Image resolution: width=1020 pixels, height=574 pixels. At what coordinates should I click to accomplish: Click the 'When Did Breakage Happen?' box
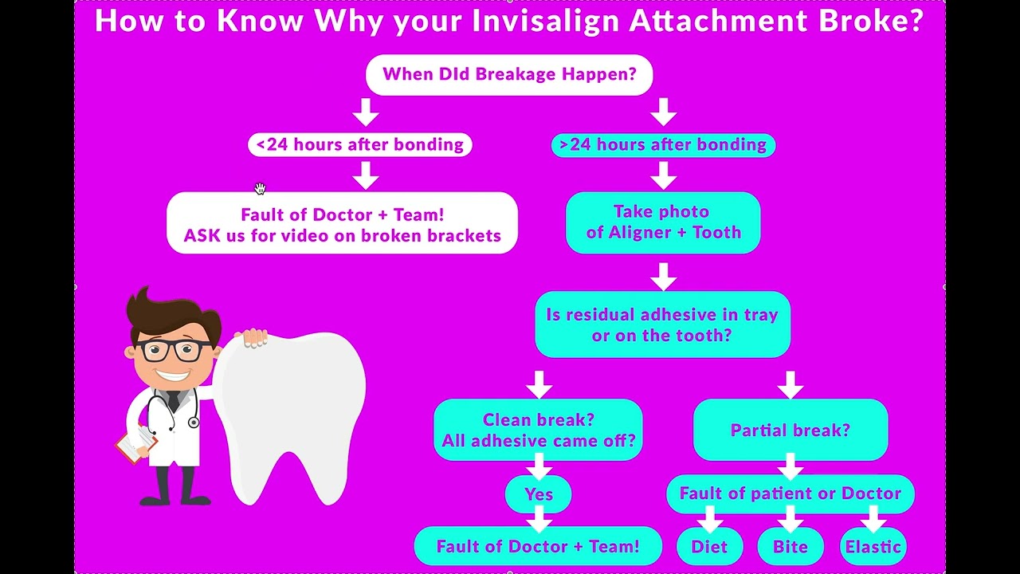[509, 75]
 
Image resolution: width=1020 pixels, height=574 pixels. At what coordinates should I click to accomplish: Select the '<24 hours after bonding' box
[360, 144]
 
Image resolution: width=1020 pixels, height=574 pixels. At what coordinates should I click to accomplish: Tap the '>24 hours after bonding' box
[663, 145]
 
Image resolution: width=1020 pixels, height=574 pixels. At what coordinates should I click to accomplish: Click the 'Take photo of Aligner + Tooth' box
[663, 222]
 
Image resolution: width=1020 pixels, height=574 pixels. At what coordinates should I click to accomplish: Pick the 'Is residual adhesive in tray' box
[662, 324]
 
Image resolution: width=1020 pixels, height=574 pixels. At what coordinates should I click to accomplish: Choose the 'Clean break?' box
[538, 430]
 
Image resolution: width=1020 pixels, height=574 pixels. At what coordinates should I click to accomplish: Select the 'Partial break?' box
[790, 431]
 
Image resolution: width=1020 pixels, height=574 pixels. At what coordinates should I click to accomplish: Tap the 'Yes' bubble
[539, 494]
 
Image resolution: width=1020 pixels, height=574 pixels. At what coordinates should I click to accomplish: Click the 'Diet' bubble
[709, 547]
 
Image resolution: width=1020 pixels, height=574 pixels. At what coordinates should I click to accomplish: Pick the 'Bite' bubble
[790, 547]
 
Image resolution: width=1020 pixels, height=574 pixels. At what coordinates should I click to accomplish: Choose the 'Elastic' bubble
[873, 547]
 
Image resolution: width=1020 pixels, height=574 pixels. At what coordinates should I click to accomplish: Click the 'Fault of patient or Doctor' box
[790, 493]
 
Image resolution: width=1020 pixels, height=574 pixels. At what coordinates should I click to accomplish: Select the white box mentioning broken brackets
[342, 224]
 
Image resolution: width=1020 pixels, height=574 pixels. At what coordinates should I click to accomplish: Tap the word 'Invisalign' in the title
[545, 21]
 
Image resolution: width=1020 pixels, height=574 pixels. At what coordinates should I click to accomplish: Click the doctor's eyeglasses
[174, 349]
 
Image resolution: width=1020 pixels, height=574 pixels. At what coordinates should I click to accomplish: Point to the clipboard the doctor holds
[135, 442]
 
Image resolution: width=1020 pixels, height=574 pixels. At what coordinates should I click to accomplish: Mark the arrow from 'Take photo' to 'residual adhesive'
[663, 277]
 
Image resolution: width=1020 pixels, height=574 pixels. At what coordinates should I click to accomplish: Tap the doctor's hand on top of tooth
[253, 338]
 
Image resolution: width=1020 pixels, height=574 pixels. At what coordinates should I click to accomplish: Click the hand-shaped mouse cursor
[260, 188]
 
